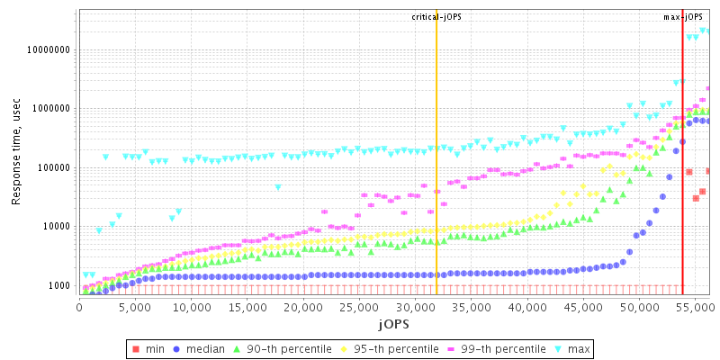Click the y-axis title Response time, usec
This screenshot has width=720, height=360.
point(16,152)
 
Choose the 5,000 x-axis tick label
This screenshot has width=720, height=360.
point(135,308)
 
